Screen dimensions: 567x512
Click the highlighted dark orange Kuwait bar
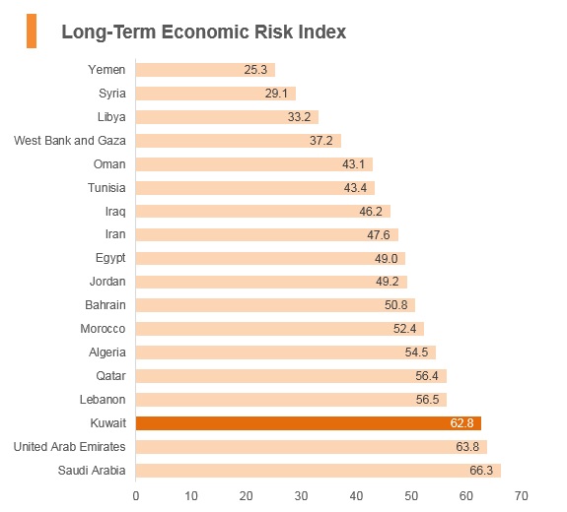tap(309, 423)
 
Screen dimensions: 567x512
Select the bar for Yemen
tap(205, 70)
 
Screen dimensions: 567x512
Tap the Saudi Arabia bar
tap(319, 471)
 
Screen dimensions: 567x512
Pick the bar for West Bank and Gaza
tap(239, 141)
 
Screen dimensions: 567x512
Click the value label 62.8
tap(461, 422)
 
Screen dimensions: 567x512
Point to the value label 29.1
tap(276, 94)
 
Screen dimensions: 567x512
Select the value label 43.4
tap(355, 188)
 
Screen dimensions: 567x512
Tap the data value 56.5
tap(427, 400)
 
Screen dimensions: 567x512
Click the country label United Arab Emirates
tap(69, 447)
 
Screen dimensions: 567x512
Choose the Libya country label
tap(111, 117)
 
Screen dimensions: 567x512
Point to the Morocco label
tap(103, 329)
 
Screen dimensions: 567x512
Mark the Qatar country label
tap(110, 376)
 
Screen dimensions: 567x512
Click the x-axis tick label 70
tap(521, 496)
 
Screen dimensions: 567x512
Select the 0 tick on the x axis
tap(136, 496)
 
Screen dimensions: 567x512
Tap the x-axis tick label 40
tap(356, 496)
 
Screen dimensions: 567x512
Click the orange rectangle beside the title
tap(32, 32)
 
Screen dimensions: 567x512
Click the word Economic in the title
tap(205, 32)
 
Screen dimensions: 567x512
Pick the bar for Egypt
tap(270, 259)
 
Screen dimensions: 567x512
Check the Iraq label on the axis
tap(115, 212)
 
